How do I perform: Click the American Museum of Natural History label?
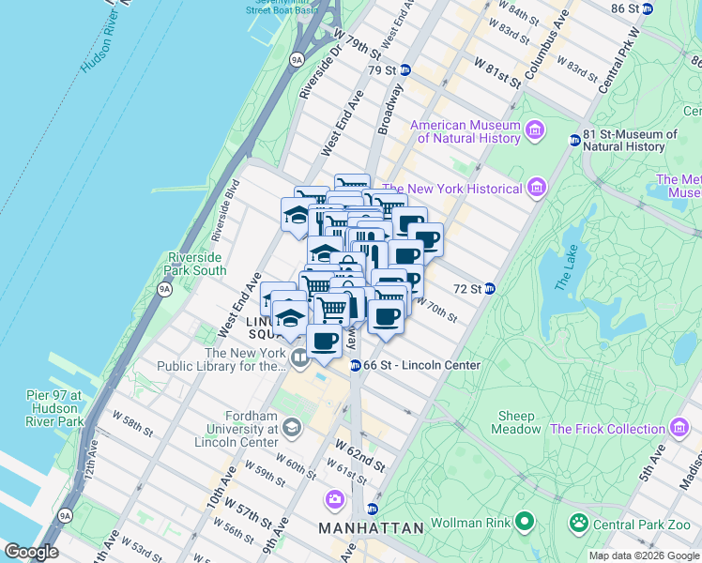pyautogui.click(x=465, y=132)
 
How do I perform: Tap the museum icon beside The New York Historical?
pyautogui.click(x=536, y=189)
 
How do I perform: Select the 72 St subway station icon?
pyautogui.click(x=489, y=289)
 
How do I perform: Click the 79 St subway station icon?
pyautogui.click(x=405, y=70)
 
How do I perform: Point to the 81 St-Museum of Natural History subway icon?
pyautogui.click(x=574, y=141)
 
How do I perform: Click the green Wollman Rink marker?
pyautogui.click(x=525, y=519)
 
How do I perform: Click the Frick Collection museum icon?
pyautogui.click(x=678, y=429)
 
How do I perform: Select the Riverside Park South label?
pyautogui.click(x=196, y=264)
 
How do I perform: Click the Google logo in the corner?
pyautogui.click(x=31, y=552)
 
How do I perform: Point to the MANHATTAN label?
pyautogui.click(x=371, y=528)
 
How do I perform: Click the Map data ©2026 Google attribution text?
pyautogui.click(x=644, y=555)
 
